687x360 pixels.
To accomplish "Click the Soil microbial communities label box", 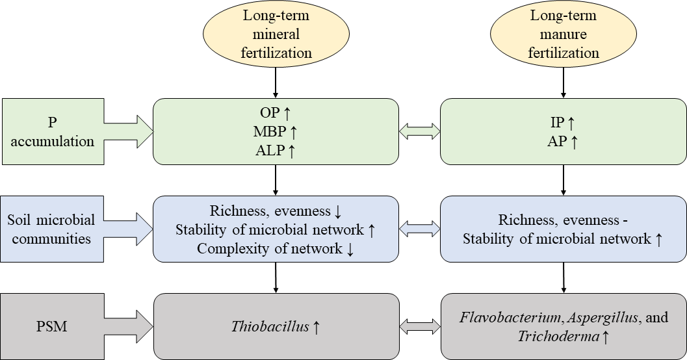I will (x=52, y=229).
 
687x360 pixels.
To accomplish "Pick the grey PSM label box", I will (x=52, y=326).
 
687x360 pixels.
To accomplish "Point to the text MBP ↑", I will (x=276, y=132).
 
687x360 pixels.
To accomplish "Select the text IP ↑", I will (x=564, y=123).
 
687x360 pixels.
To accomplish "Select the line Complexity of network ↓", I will (x=276, y=248).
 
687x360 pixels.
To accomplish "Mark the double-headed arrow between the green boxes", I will (x=419, y=131).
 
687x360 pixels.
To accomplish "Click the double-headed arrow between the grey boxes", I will (x=419, y=326).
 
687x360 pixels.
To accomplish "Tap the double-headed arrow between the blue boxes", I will (x=419, y=229).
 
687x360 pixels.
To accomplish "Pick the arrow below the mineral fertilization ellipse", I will (x=276, y=82).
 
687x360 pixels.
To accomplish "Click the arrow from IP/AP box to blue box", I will (x=564, y=180).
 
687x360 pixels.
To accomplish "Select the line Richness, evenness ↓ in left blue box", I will (x=276, y=211).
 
